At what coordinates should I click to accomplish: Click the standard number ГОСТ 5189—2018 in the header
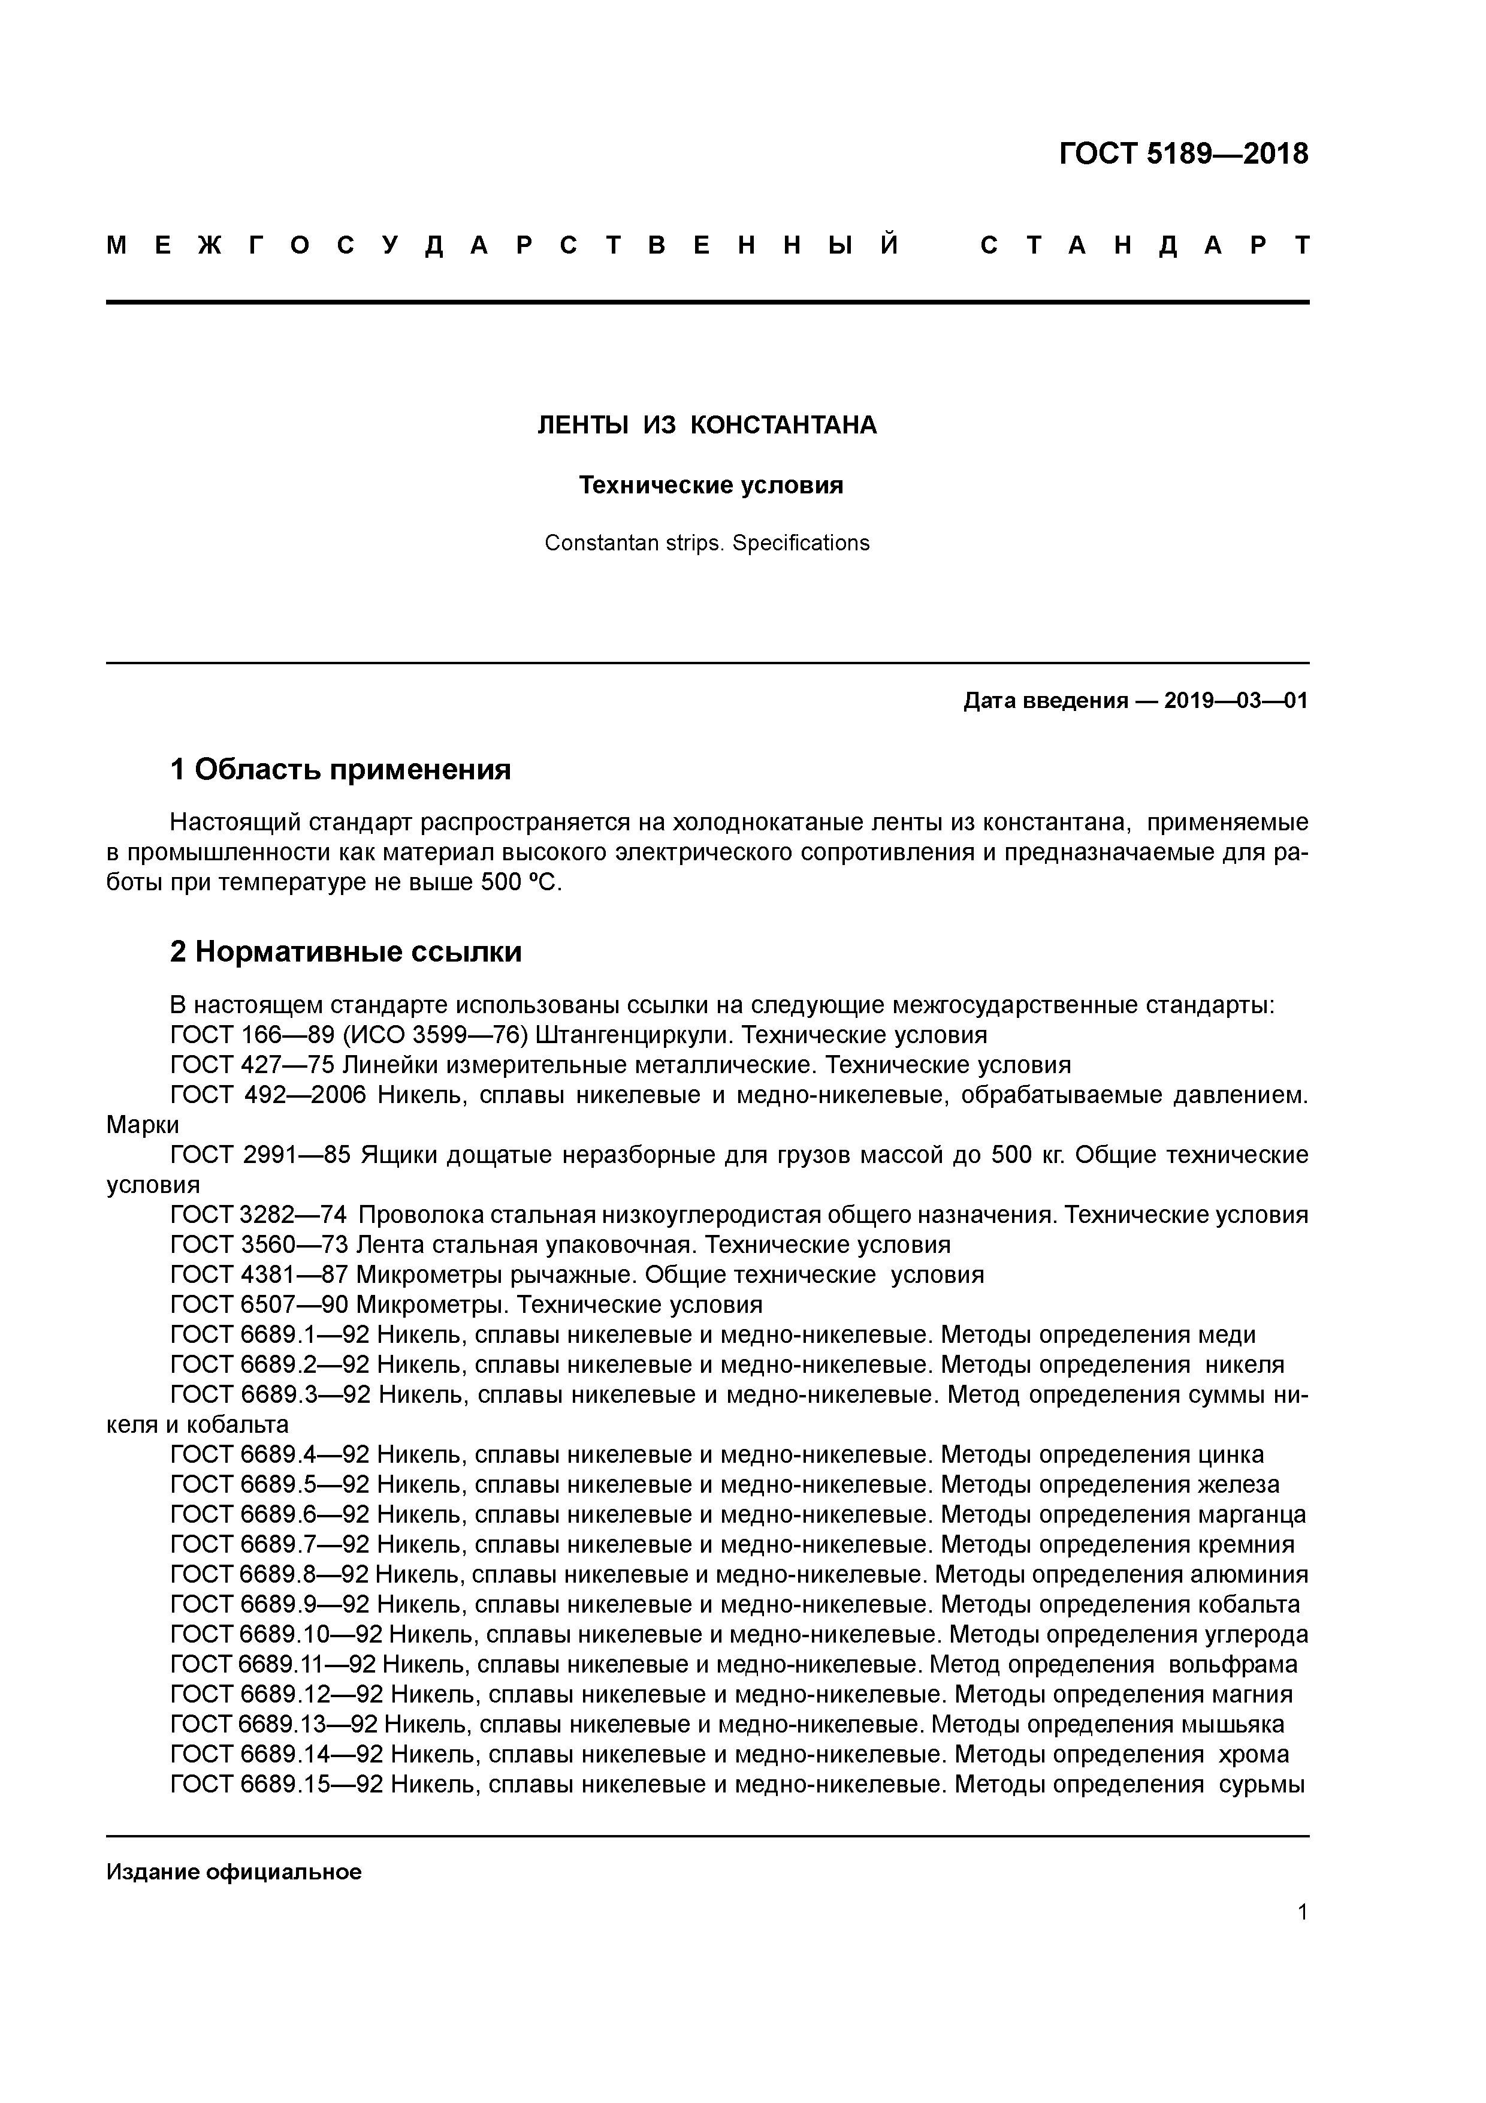(x=1183, y=154)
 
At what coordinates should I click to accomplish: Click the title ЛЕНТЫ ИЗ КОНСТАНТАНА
(x=706, y=425)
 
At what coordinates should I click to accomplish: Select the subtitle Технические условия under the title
(x=711, y=486)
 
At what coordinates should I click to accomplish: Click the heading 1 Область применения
(x=340, y=769)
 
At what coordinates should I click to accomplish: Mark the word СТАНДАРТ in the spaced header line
(x=1144, y=245)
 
